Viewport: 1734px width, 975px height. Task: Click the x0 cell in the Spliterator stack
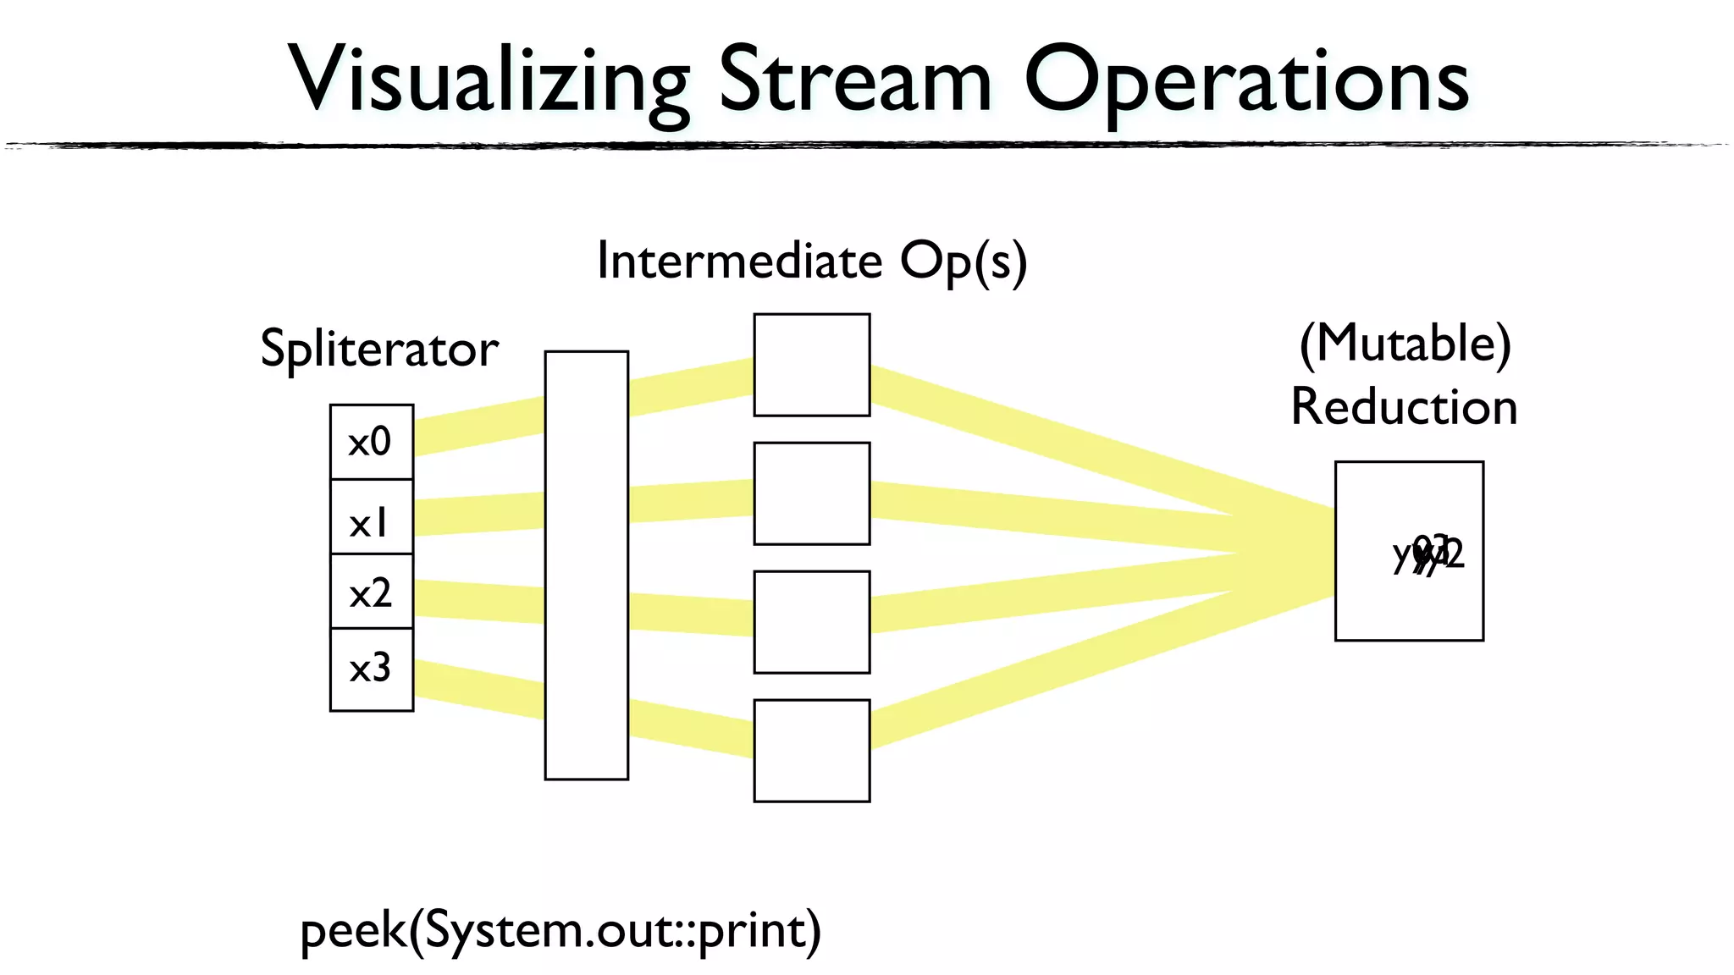point(371,442)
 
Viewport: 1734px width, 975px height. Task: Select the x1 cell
point(371,517)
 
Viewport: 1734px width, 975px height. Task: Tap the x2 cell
point(371,592)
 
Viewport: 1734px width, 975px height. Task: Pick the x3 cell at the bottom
point(371,669)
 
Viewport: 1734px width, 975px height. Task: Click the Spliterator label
point(378,349)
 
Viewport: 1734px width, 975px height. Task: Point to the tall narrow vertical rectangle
point(586,565)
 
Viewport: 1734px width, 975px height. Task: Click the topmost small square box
point(811,365)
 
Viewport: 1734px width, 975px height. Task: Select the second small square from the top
point(811,493)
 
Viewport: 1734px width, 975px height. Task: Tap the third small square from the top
point(811,622)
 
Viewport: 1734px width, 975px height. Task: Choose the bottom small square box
point(811,751)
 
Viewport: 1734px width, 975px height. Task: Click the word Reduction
point(1404,407)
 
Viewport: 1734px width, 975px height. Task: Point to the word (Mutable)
point(1405,344)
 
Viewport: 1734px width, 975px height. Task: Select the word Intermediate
point(739,261)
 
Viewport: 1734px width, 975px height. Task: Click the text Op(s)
point(963,262)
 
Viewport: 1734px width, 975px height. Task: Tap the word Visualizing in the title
point(489,80)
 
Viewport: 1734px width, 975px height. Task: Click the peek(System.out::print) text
point(561,931)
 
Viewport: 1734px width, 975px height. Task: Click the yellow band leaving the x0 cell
point(478,426)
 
